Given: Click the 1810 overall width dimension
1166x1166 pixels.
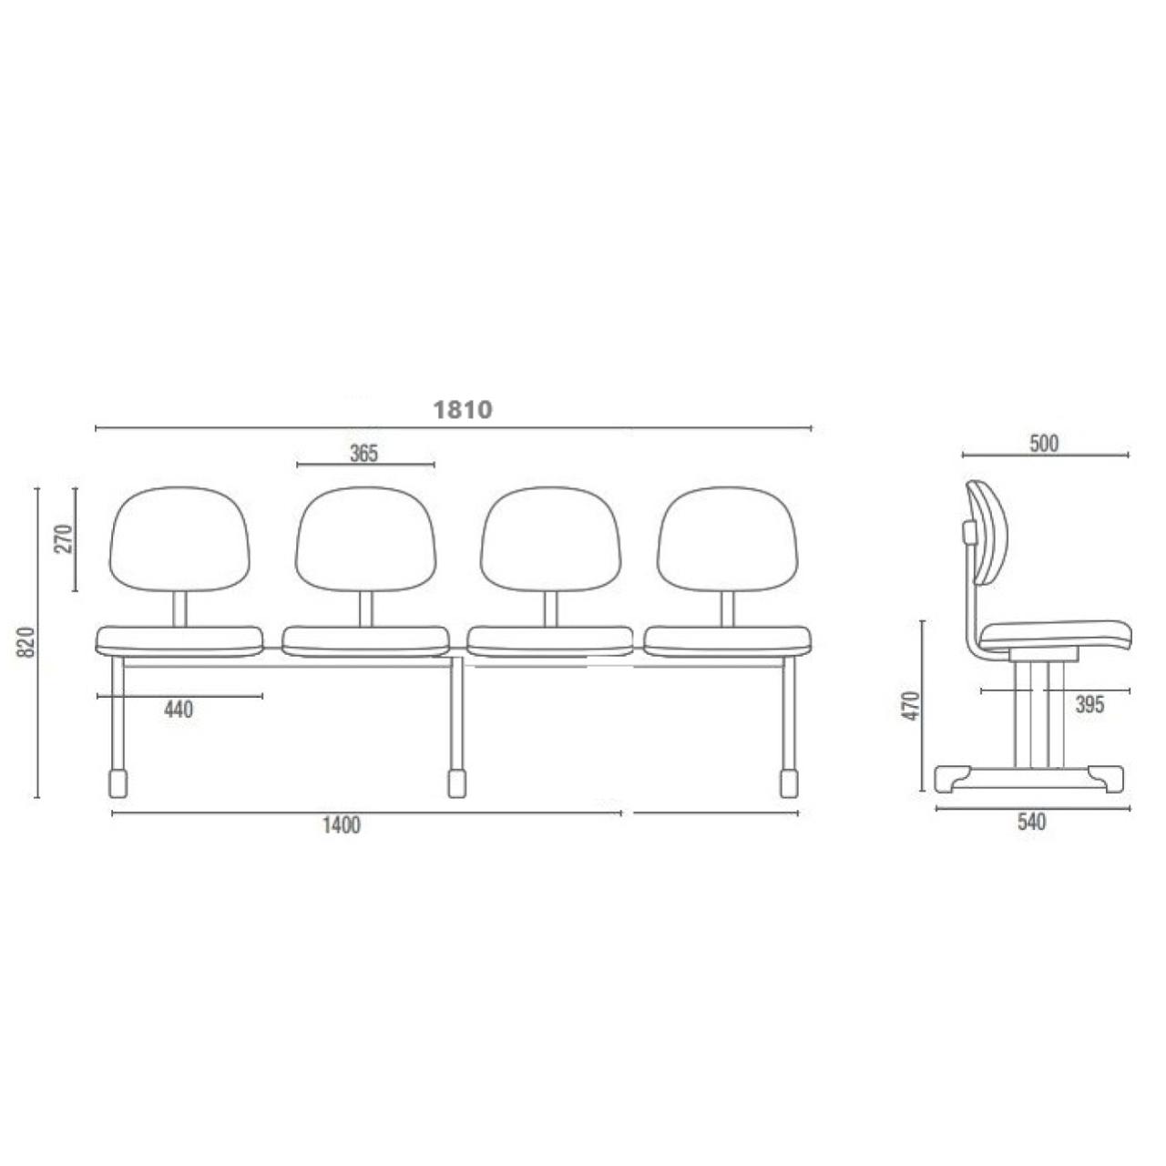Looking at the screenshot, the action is [463, 410].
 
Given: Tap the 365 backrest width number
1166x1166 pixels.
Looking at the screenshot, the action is [363, 454].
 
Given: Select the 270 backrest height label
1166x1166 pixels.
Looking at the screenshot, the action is [64, 538].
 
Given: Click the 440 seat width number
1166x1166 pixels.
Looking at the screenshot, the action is [179, 709].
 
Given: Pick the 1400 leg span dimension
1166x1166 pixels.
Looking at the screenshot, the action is [341, 824].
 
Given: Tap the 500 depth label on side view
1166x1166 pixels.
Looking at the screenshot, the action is [1044, 444].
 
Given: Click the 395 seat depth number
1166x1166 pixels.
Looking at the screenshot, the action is [1089, 704].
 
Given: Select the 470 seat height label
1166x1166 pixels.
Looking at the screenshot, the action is [911, 705].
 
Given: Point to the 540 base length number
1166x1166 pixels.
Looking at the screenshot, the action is [1032, 823].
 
